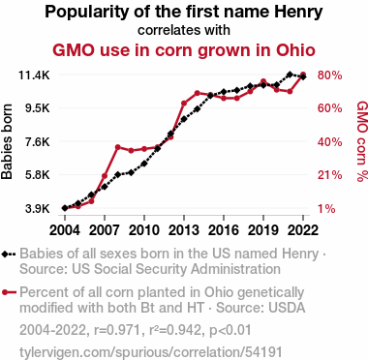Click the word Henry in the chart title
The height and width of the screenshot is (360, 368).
click(x=298, y=12)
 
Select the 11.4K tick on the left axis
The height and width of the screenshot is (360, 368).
click(x=34, y=75)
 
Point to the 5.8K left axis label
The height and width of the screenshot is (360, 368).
click(x=38, y=175)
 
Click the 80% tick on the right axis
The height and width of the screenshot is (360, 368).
click(x=329, y=75)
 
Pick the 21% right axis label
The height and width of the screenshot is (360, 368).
click(x=329, y=175)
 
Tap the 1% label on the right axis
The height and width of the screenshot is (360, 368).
click(x=326, y=209)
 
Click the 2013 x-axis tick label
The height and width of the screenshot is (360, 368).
click(x=184, y=230)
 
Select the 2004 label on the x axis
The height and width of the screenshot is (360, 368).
click(x=65, y=230)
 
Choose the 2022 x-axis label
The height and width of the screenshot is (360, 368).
click(x=303, y=230)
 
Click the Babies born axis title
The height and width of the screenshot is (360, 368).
click(x=7, y=141)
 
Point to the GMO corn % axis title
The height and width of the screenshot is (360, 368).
click(x=362, y=141)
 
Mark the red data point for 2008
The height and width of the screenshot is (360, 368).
click(x=118, y=147)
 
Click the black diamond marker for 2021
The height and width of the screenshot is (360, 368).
click(x=290, y=75)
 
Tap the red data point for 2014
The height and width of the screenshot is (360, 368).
click(x=198, y=93)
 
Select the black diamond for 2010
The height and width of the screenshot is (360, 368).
click(x=144, y=164)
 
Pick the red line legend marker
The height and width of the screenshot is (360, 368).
click(x=9, y=292)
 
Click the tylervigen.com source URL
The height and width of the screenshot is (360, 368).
click(x=151, y=352)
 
